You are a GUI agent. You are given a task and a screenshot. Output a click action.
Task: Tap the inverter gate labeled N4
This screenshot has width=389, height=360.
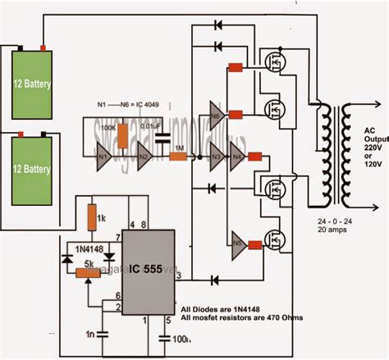(238, 155)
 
